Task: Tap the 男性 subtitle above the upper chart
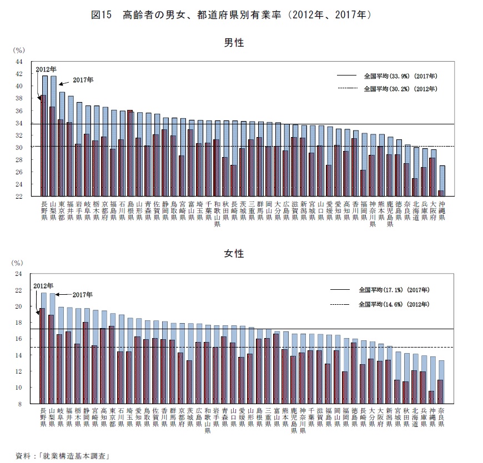click(x=234, y=43)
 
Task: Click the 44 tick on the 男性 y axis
click(x=19, y=62)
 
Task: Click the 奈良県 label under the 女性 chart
click(x=441, y=417)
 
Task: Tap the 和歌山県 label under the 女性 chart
click(x=207, y=421)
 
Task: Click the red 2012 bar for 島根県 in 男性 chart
click(x=130, y=153)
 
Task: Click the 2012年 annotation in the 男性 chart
click(x=46, y=69)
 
